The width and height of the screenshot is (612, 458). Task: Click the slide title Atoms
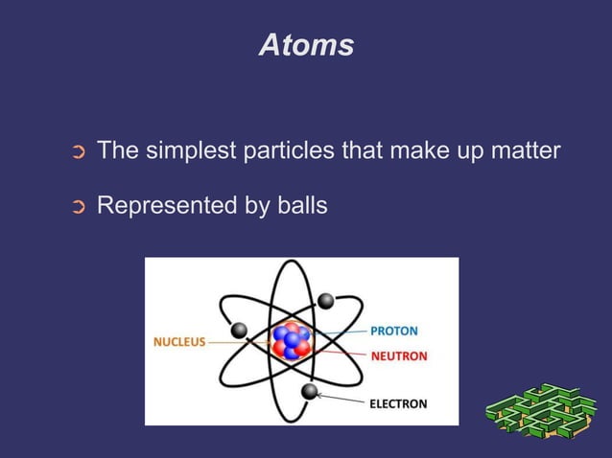306,45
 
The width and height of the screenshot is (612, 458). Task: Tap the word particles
284,151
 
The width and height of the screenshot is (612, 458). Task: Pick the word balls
301,205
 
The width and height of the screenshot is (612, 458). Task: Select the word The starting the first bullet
117,151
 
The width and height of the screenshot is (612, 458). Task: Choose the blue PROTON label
394,331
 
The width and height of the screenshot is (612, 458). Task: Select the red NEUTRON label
398,356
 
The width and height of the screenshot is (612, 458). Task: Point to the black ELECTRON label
398,403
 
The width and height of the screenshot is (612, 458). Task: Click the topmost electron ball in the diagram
325,301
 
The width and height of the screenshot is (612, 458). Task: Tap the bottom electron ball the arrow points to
309,391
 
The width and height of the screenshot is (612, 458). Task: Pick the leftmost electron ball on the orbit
239,331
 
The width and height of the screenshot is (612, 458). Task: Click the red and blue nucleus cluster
291,340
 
